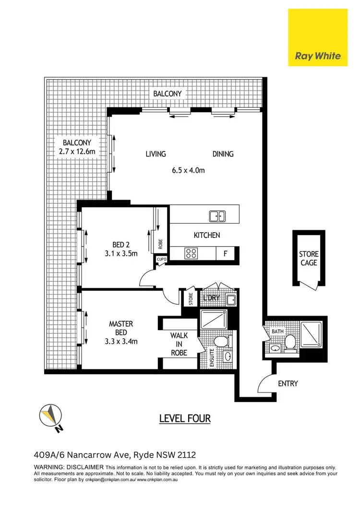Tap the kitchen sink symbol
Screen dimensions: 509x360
[217, 216]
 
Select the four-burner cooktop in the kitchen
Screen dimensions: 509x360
[190, 253]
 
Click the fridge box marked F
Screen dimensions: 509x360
[225, 253]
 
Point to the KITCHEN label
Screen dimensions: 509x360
[206, 235]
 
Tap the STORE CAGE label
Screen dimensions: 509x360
[309, 258]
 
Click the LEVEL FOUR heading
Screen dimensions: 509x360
[185, 418]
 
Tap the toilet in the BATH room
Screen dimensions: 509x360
[289, 342]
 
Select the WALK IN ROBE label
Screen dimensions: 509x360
[179, 344]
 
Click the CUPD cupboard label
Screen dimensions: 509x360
[161, 260]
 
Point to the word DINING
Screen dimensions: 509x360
[223, 154]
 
